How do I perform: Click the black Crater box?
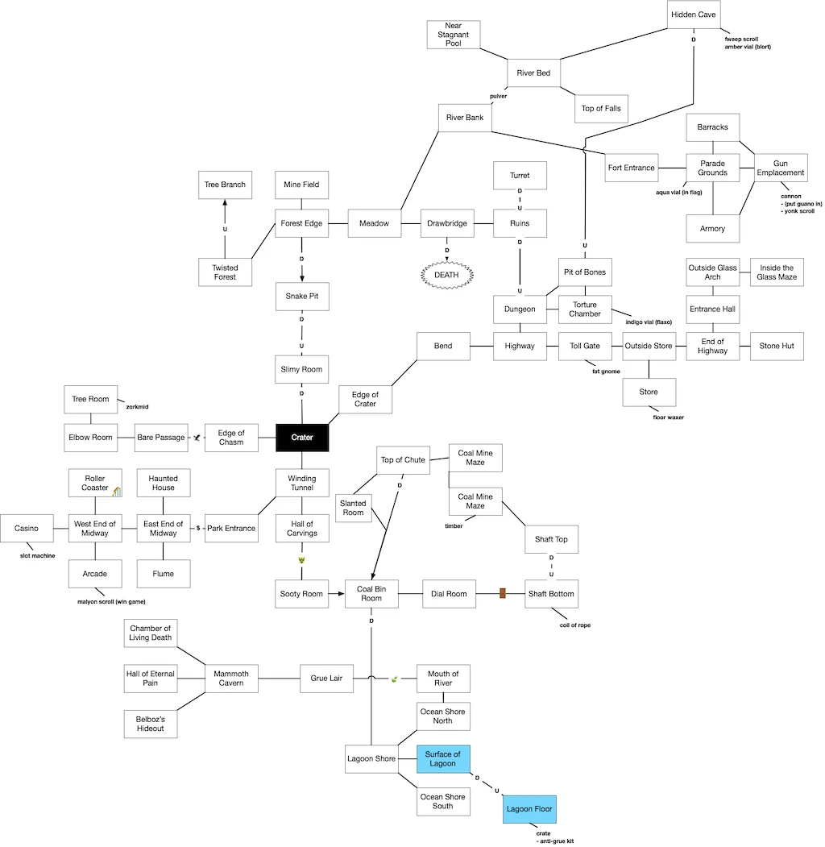(x=302, y=438)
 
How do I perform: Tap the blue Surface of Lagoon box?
(x=443, y=758)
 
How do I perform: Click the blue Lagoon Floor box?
(x=529, y=808)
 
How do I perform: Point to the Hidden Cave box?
(x=694, y=15)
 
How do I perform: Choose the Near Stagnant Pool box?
(x=453, y=35)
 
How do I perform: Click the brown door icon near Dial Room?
(x=502, y=594)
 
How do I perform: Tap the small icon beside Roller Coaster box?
(x=117, y=492)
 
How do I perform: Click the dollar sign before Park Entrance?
(x=198, y=528)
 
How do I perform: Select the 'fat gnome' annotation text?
(x=605, y=372)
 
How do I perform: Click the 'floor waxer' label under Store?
(x=668, y=417)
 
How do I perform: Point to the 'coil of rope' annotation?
(x=574, y=625)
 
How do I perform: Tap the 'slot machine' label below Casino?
(x=38, y=556)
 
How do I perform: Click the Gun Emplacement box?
(x=780, y=168)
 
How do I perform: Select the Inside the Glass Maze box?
(x=777, y=272)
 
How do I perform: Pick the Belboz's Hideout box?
(x=151, y=724)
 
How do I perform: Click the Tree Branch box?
(x=225, y=185)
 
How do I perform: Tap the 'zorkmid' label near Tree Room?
(x=138, y=407)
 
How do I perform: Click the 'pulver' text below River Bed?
(x=499, y=96)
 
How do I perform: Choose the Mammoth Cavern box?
(x=231, y=678)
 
